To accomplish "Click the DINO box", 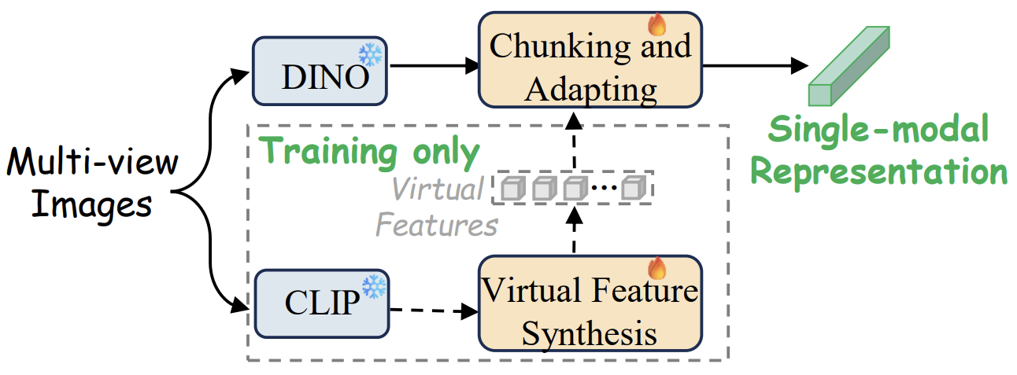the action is pos(320,72).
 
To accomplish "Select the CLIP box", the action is pos(321,303).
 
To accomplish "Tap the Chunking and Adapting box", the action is pos(590,60).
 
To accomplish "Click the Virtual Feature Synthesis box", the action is pos(590,303).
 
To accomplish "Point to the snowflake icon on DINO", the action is pos(371,55).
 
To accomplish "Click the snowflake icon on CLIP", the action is pos(374,287).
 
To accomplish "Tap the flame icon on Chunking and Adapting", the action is pos(657,24).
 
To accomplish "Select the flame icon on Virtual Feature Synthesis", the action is pos(657,267).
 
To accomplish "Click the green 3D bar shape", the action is pos(849,66).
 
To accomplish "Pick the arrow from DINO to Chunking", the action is pos(435,66).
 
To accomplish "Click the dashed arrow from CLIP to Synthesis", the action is pos(435,311).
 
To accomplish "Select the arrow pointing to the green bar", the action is pos(756,66).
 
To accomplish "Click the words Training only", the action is pos(368,152).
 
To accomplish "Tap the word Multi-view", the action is pos(93,162).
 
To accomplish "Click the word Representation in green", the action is pos(879,171).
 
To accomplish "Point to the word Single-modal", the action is pos(878,129).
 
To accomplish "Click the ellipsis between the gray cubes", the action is pos(605,187).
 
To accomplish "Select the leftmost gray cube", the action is pos(513,188).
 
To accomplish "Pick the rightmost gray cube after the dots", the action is pos(634,188).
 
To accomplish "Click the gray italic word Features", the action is pos(437,225).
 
